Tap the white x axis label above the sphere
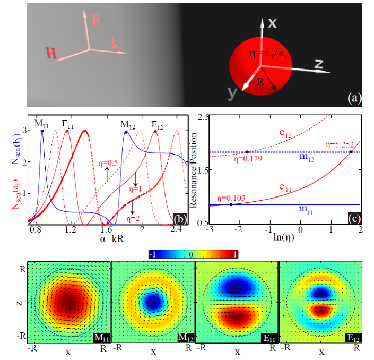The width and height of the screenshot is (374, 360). point(272,23)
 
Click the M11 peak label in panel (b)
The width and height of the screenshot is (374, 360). point(42,124)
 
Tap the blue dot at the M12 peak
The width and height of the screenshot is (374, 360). point(126,132)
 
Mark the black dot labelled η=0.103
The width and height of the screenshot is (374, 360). point(230,204)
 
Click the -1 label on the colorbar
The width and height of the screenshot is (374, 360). point(154,254)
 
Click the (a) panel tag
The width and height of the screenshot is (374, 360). point(353,97)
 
